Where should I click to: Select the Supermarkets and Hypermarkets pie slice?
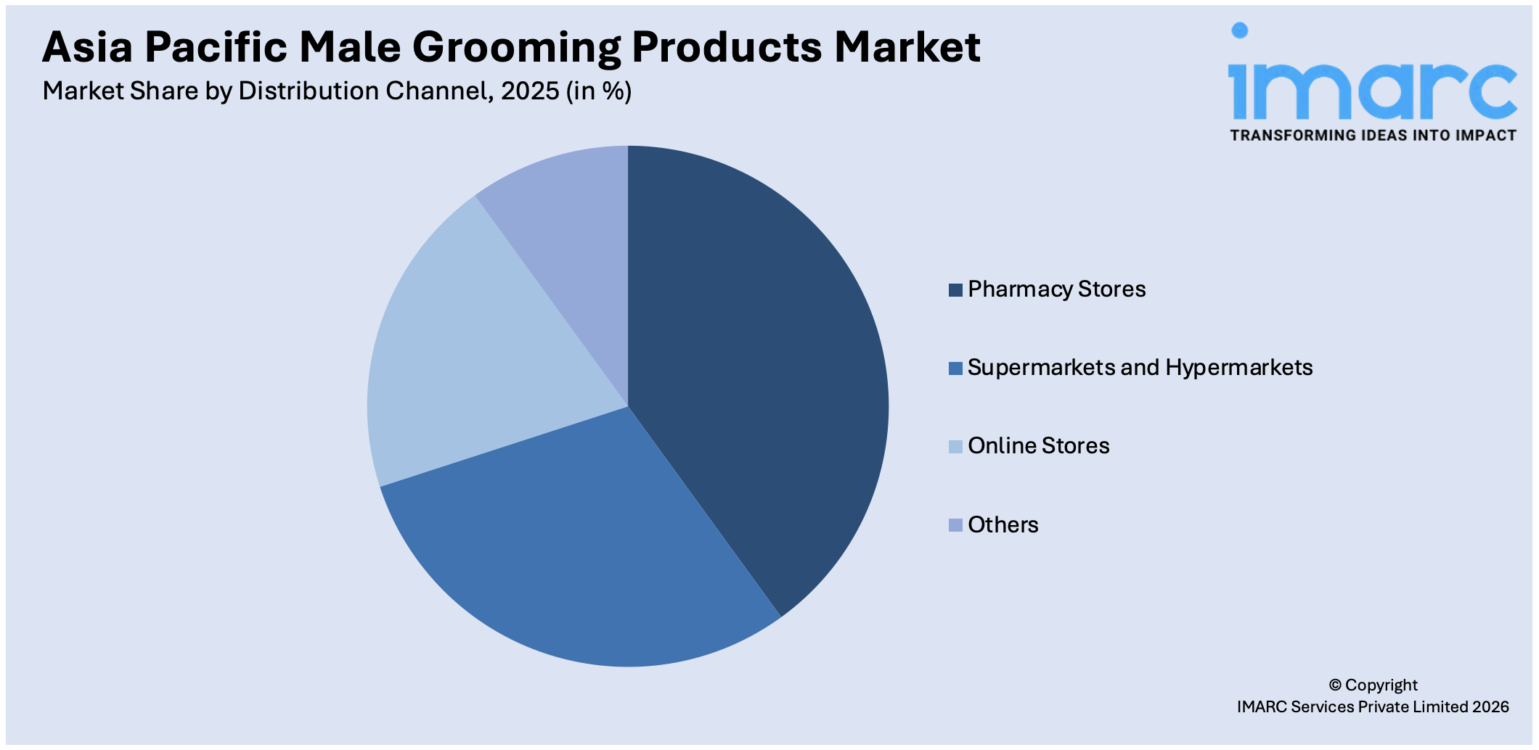click(581, 551)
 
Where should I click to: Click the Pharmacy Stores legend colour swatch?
click(955, 290)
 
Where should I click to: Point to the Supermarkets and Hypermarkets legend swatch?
click(955, 368)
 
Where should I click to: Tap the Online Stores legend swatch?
click(955, 447)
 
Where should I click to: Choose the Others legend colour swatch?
click(955, 525)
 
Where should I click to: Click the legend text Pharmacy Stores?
click(1056, 289)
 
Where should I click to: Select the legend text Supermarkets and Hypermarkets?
click(1140, 368)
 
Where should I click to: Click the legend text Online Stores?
click(1038, 446)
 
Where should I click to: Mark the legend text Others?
click(1003, 525)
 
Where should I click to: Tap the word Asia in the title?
click(87, 48)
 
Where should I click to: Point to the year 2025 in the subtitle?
click(530, 91)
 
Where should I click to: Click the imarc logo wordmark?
click(1372, 91)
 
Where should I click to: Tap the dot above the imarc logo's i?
click(1240, 30)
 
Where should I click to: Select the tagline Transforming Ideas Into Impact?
click(1373, 136)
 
